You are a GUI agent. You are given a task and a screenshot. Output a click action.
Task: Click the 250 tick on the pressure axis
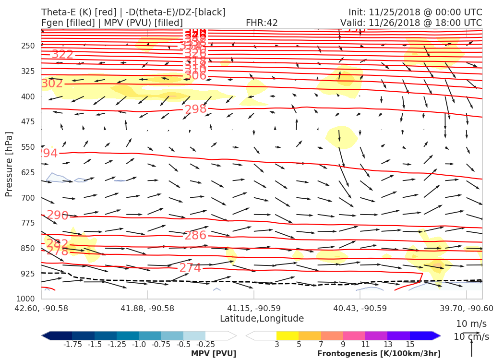pyautogui.click(x=28, y=46)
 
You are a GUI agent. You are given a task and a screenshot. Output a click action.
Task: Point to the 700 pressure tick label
pyautogui.click(x=28, y=198)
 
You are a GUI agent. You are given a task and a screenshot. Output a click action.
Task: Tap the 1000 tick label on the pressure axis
pyautogui.click(x=26, y=299)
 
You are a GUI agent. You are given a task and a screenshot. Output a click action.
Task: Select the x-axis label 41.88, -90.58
pyautogui.click(x=147, y=308)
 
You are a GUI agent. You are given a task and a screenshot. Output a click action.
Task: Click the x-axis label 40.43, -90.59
pyautogui.click(x=354, y=308)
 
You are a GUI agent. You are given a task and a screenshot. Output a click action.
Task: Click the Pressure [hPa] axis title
pyautogui.click(x=9, y=165)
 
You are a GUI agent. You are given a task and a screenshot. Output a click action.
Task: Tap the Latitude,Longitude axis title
pyautogui.click(x=262, y=319)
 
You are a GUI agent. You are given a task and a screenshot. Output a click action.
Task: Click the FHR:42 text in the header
pyautogui.click(x=262, y=23)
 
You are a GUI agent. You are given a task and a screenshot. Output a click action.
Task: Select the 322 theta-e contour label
pyautogui.click(x=62, y=55)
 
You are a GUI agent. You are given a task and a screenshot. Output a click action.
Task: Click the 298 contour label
pyautogui.click(x=195, y=109)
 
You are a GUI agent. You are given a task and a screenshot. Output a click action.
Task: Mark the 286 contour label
pyautogui.click(x=195, y=236)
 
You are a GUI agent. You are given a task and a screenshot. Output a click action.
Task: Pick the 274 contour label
pyautogui.click(x=190, y=268)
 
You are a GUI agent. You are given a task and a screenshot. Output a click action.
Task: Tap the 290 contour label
pyautogui.click(x=58, y=216)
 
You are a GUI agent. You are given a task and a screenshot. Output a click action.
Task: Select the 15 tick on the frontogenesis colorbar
pyautogui.click(x=410, y=344)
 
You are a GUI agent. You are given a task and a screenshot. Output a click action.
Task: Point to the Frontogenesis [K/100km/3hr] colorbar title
pyautogui.click(x=379, y=354)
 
